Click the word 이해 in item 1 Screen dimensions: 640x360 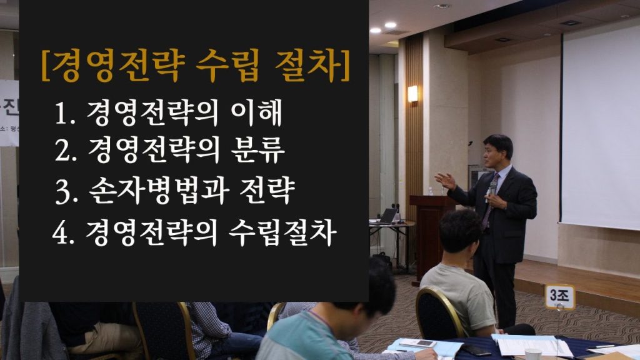click(x=256, y=112)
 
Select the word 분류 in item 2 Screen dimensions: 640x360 click(x=257, y=150)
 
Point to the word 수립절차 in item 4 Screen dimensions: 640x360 click(x=282, y=233)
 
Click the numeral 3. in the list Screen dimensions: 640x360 click(x=66, y=192)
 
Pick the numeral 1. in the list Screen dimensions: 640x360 click(x=64, y=113)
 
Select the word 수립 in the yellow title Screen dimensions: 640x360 click(x=227, y=66)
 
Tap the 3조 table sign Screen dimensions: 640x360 click(x=559, y=296)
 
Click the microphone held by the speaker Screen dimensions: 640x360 click(x=491, y=191)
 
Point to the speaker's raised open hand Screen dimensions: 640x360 click(x=445, y=181)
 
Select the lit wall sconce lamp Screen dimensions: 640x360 click(x=412, y=94)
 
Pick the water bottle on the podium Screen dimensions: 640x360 click(x=430, y=191)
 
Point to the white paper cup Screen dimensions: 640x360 click(x=532, y=354)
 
